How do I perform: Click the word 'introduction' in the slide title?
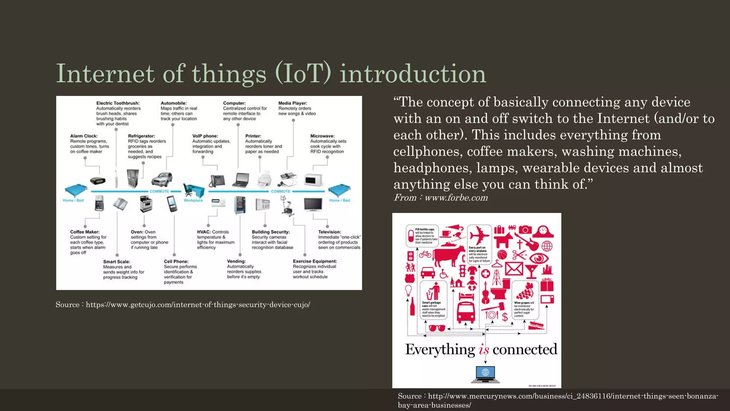[x=413, y=74]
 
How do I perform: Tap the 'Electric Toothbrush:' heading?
[x=118, y=103]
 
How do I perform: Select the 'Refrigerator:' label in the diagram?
[x=142, y=136]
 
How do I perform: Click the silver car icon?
[x=162, y=179]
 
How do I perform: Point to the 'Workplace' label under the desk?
[x=193, y=201]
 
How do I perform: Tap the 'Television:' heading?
[x=329, y=232]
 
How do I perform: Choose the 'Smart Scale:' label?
[x=117, y=262]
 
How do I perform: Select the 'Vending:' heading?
[x=236, y=261]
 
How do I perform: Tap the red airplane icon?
[x=479, y=235]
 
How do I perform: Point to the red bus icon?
[x=466, y=312]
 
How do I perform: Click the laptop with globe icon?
[x=485, y=374]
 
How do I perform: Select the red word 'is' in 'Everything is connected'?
[x=484, y=350]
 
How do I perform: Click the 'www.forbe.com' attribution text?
[x=456, y=198]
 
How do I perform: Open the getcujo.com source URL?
[x=198, y=305]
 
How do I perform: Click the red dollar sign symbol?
[x=505, y=316]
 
